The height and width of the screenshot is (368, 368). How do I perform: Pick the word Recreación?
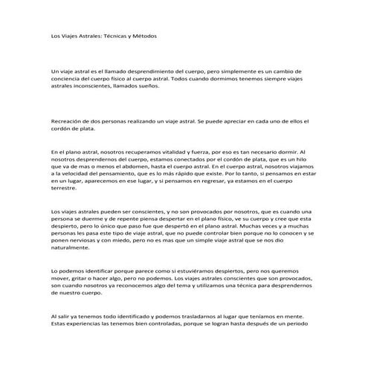click(68, 120)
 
